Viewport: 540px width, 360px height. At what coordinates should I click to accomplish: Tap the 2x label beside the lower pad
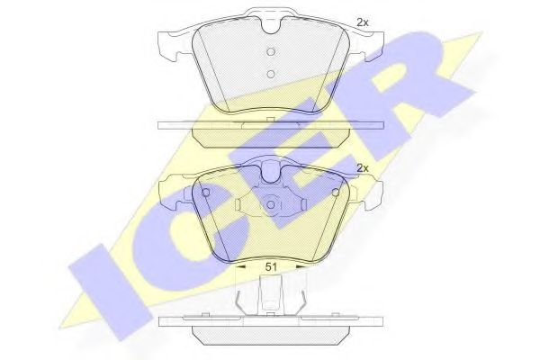363,168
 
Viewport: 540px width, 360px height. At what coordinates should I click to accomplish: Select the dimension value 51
270,266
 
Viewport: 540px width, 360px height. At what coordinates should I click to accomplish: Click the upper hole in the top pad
271,49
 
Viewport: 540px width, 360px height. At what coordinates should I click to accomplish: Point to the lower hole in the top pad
271,75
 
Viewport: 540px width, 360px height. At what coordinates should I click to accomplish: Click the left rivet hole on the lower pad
206,192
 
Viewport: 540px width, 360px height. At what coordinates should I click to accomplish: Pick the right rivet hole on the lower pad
335,192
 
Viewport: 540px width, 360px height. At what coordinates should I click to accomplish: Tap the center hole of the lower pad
271,206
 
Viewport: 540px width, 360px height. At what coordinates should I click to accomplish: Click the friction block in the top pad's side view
270,135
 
